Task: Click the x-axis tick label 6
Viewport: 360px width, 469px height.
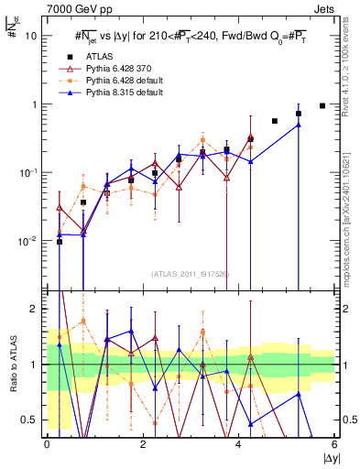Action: coord(334,443)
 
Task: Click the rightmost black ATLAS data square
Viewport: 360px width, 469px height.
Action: coord(322,105)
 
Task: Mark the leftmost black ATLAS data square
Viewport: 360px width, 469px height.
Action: coord(60,242)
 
